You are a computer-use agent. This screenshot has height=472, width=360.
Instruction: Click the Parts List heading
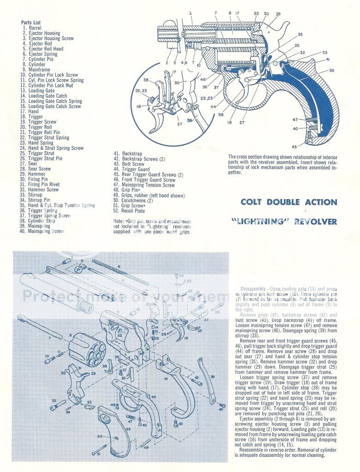(x=31, y=23)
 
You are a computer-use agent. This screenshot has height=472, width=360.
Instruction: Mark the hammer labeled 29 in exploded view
(x=76, y=380)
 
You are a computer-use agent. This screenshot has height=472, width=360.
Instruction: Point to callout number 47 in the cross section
(x=295, y=120)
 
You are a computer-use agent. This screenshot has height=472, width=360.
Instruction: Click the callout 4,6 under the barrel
(x=184, y=62)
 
